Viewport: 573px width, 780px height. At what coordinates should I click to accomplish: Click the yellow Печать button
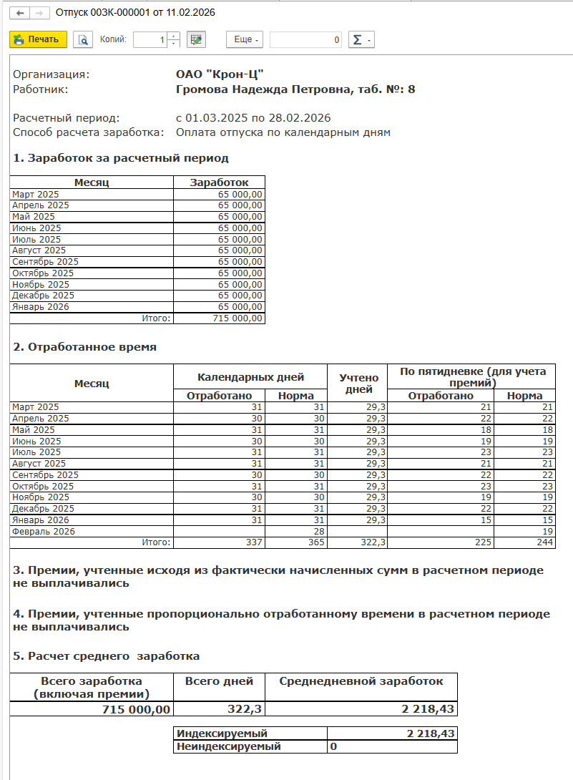click(x=38, y=40)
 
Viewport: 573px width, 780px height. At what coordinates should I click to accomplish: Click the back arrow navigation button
click(x=21, y=13)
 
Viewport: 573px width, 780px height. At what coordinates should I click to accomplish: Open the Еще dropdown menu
click(x=246, y=40)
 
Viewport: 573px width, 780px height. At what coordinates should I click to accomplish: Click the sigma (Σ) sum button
click(x=361, y=40)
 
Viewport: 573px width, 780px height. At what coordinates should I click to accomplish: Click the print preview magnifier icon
click(x=84, y=40)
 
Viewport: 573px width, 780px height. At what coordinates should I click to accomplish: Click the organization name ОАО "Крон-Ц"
click(x=220, y=74)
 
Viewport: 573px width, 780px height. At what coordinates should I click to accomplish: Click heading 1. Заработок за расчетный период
click(x=121, y=158)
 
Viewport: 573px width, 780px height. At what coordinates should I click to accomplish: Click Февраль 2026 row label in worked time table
click(x=43, y=532)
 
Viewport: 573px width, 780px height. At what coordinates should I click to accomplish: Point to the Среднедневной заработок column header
click(x=361, y=681)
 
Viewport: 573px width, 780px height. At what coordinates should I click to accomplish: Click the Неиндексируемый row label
click(x=229, y=746)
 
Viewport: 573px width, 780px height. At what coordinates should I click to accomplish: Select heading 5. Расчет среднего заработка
click(x=107, y=656)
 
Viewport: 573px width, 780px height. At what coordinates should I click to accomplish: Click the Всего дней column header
click(x=219, y=681)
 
